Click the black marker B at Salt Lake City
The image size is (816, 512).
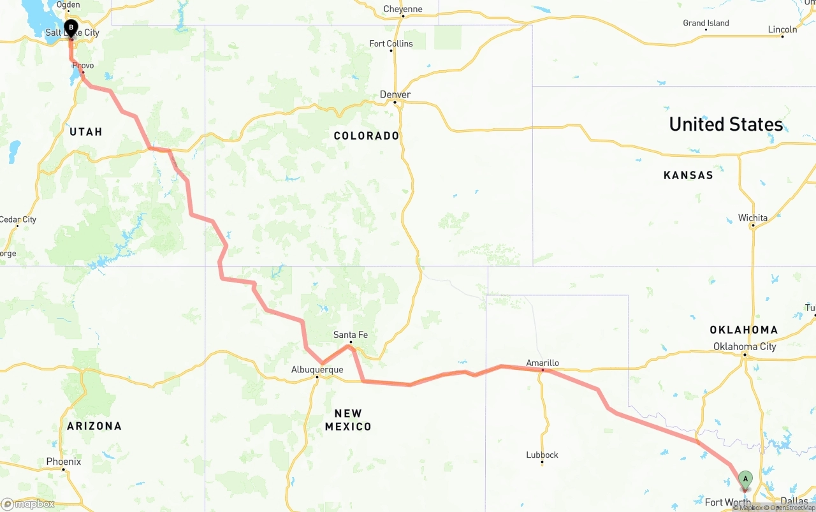(71, 29)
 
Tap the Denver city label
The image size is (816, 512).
(395, 95)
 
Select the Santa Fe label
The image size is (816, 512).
(351, 335)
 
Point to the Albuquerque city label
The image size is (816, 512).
(317, 370)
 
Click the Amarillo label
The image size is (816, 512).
(543, 363)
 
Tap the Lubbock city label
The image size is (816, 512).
(542, 455)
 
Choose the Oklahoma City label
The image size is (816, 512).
(745, 346)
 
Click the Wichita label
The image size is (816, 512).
(753, 217)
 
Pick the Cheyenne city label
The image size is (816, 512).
(403, 9)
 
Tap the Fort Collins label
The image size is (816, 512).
(391, 43)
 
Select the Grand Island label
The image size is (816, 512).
(706, 23)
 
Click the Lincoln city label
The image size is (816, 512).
(782, 29)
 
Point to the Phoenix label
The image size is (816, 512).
(64, 462)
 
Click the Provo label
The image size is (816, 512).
(83, 66)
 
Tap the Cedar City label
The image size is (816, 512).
(18, 219)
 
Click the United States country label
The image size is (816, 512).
(725, 124)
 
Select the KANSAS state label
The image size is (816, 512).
(688, 175)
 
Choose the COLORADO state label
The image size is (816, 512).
(367, 136)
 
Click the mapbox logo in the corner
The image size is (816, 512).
(27, 504)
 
